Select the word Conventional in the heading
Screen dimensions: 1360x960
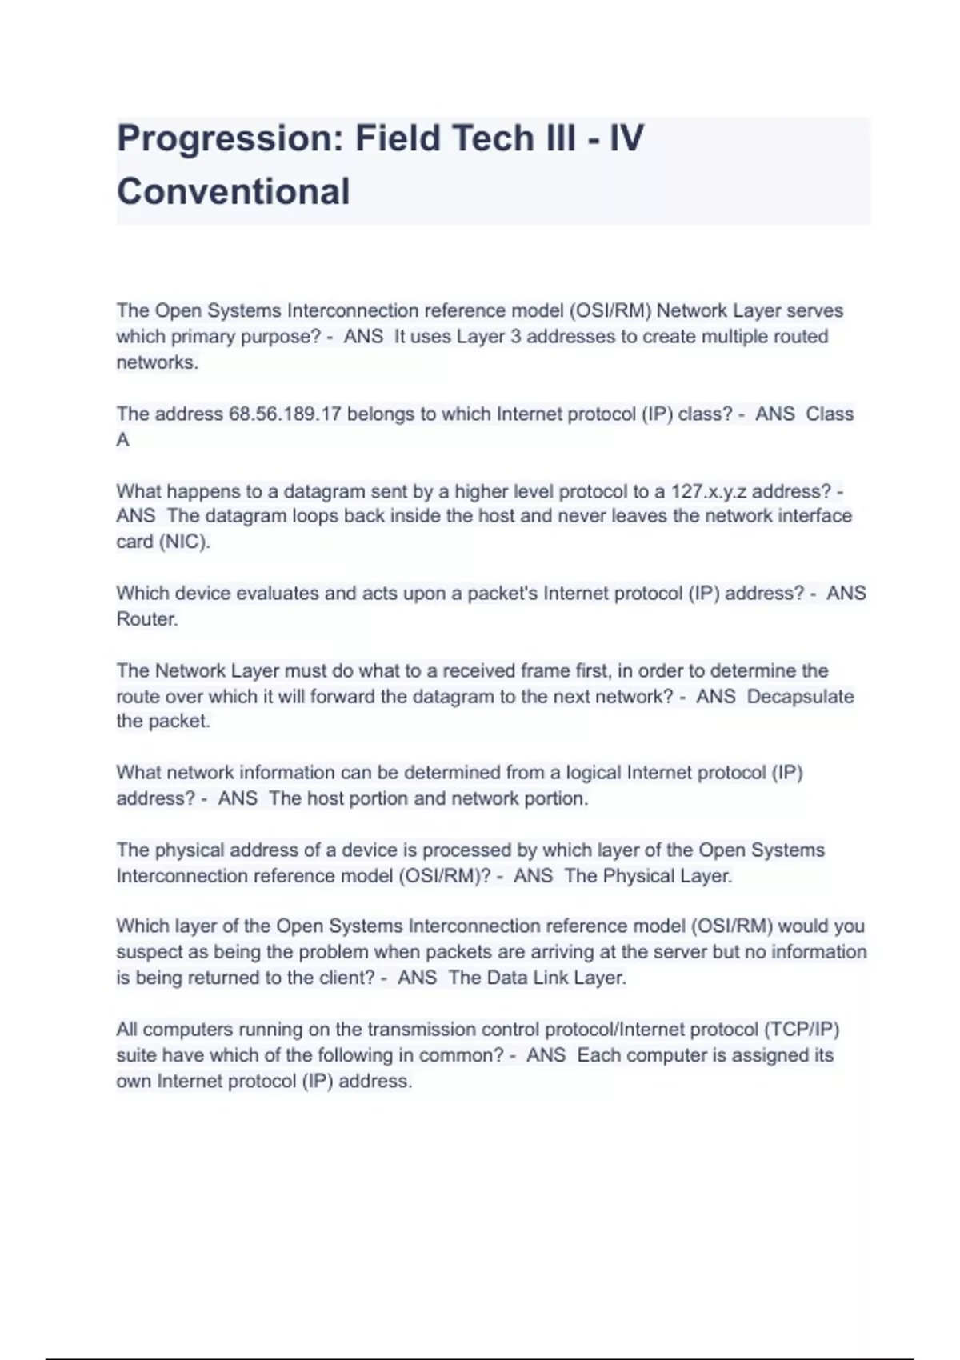click(233, 192)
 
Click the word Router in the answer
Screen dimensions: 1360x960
click(146, 619)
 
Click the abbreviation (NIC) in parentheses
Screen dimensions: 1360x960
click(185, 542)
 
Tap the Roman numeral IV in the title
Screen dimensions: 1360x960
click(626, 139)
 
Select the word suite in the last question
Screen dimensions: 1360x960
click(137, 1055)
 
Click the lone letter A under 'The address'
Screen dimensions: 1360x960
click(122, 440)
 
